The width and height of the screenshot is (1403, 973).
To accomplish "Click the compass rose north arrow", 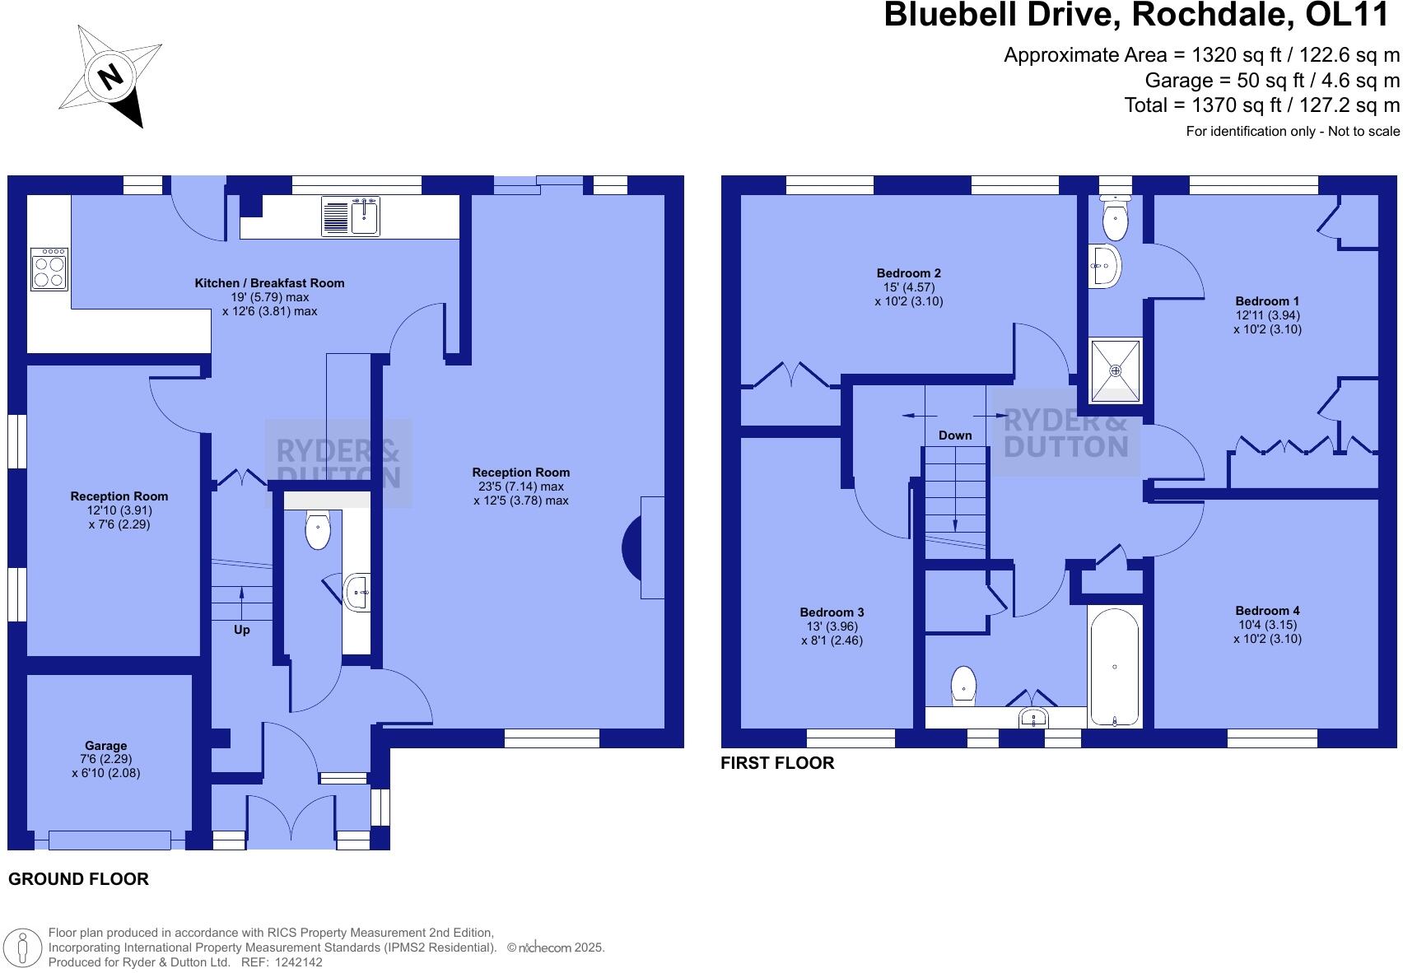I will pos(110,77).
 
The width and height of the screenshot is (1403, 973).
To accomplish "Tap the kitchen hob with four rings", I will pos(49,269).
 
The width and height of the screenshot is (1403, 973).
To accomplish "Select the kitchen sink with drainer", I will pos(351,216).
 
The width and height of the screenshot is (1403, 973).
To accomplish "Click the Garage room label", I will pos(105,746).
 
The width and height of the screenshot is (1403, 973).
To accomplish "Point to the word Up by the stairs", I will pos(241,630).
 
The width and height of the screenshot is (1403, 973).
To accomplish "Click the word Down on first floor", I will pos(954,435).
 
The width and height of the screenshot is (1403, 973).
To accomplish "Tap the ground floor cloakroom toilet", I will pos(317,529).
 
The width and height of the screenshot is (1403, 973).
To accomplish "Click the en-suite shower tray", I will pos(1116,370).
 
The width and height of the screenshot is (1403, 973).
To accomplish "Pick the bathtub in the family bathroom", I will pos(1114,666).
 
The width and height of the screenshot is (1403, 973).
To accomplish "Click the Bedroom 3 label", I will pos(832,612).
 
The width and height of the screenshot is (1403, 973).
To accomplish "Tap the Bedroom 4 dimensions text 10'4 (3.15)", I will pos(1267,625).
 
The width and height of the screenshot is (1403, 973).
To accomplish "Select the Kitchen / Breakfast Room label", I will pos(269,283).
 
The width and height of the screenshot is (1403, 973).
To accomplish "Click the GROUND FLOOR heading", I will pos(78,879).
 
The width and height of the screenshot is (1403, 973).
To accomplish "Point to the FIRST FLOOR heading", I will pos(777,763).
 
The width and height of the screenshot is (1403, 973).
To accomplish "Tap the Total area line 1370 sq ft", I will pos(1261,105).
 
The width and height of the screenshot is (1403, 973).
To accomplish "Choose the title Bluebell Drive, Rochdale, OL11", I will pos(1141,16).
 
